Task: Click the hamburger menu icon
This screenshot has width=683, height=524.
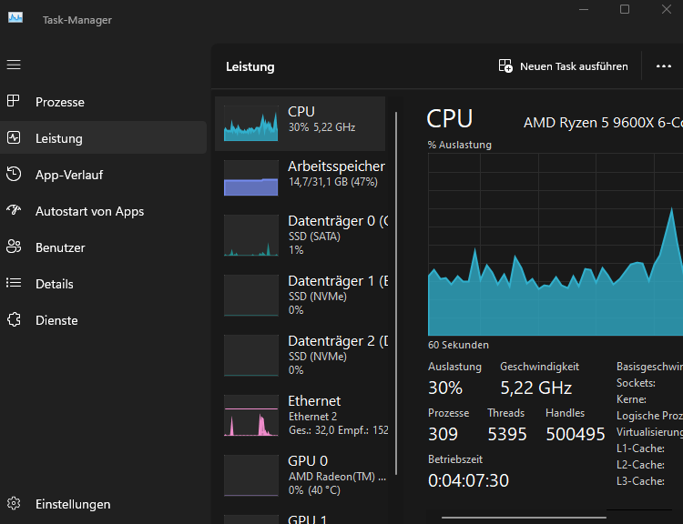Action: click(x=14, y=65)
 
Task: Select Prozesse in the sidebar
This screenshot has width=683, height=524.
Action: click(x=60, y=102)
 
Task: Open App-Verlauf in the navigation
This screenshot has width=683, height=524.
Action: click(x=69, y=175)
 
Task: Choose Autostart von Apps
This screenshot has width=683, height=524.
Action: click(x=89, y=211)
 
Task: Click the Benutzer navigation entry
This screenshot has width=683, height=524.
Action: click(x=60, y=247)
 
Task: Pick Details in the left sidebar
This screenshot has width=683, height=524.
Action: click(x=55, y=284)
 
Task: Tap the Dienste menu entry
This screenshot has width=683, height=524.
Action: click(x=56, y=320)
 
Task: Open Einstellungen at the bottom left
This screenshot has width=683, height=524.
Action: click(x=73, y=504)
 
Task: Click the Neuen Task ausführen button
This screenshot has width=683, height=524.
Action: click(x=563, y=66)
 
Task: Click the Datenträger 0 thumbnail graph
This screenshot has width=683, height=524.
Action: click(x=251, y=236)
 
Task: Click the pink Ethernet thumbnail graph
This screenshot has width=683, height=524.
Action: click(x=251, y=416)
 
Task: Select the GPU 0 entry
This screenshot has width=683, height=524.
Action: click(x=308, y=461)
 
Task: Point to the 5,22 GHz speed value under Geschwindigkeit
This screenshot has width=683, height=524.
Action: click(x=536, y=388)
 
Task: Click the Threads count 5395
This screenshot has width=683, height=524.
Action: click(x=507, y=434)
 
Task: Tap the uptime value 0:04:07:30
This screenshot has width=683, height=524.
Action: click(x=468, y=479)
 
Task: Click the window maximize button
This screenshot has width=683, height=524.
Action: click(x=625, y=9)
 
